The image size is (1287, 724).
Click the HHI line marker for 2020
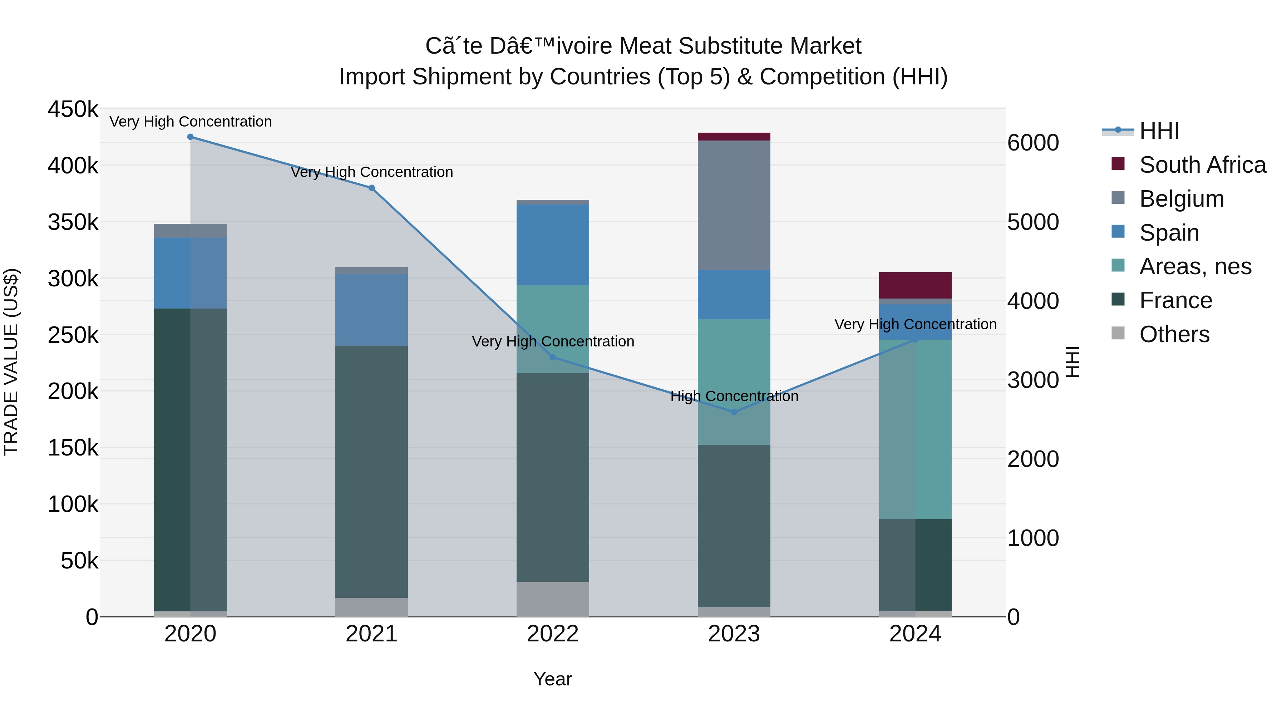pyautogui.click(x=190, y=137)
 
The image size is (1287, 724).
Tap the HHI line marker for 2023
pyautogui.click(x=734, y=412)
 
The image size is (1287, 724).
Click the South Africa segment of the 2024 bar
pyautogui.click(x=915, y=285)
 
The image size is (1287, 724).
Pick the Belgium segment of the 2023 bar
pyautogui.click(x=734, y=205)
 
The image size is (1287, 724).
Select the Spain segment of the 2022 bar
pyautogui.click(x=553, y=245)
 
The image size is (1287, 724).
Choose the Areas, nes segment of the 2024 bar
pyautogui.click(x=915, y=430)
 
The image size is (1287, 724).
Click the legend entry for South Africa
pyautogui.click(x=1202, y=165)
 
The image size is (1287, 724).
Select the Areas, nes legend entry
pyautogui.click(x=1195, y=266)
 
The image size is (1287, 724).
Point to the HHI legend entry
pyautogui.click(x=1159, y=131)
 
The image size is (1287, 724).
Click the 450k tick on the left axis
pyautogui.click(x=73, y=109)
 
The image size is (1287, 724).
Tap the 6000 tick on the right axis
pyautogui.click(x=1033, y=143)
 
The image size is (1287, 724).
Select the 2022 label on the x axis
pyautogui.click(x=553, y=634)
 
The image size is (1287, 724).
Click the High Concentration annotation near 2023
pyautogui.click(x=734, y=396)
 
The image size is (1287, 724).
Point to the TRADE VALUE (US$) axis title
pyautogui.click(x=11, y=362)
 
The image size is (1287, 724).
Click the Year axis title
pyautogui.click(x=553, y=679)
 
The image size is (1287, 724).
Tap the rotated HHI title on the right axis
pyautogui.click(x=1072, y=362)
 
